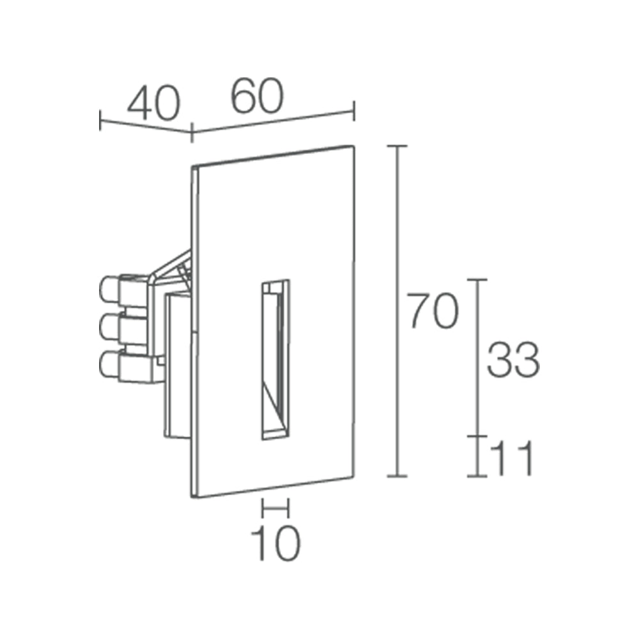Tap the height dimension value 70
(x=433, y=311)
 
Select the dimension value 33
(x=513, y=359)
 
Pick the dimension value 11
(x=512, y=459)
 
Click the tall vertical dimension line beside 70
(x=398, y=311)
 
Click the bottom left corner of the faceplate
(x=193, y=496)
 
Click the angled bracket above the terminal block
(x=171, y=268)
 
